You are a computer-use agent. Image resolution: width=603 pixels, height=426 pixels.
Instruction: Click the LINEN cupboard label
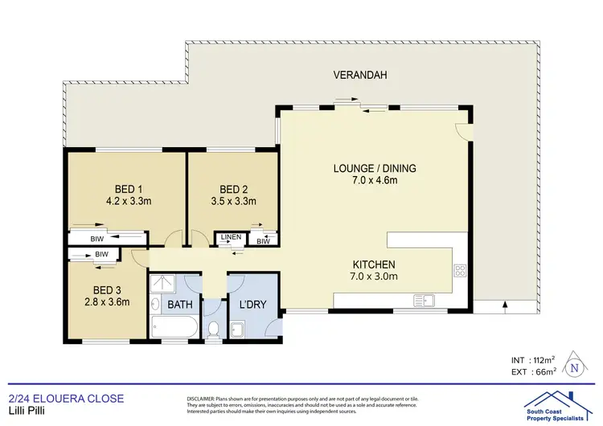[232, 237]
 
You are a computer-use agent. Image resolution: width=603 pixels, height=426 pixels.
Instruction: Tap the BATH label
[175, 305]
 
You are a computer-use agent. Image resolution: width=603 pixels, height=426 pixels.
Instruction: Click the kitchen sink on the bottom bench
[424, 301]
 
